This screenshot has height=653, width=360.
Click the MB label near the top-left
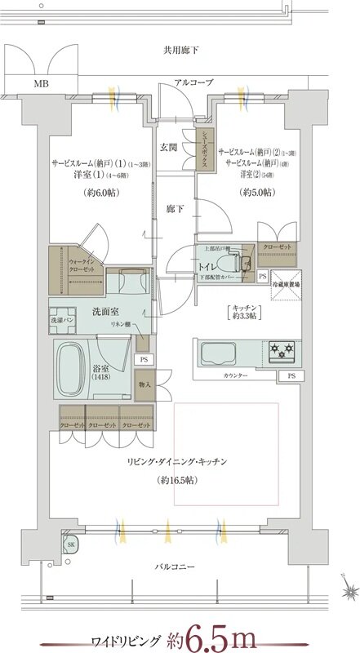click(40, 82)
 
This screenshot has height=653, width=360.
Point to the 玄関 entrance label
click(168, 148)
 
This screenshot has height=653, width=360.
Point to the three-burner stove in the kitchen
click(282, 352)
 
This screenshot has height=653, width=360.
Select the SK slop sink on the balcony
click(72, 545)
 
